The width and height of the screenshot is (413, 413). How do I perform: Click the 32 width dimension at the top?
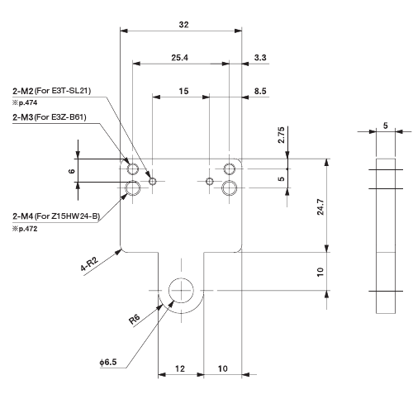183,25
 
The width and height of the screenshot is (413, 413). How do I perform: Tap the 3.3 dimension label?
260,58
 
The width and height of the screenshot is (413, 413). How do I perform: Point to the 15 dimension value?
183,91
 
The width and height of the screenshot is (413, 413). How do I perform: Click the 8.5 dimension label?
260,91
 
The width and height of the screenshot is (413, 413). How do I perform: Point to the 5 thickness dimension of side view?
384,126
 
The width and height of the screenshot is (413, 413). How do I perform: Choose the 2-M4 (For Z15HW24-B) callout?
55,216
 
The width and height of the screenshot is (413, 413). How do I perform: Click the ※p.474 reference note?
26,102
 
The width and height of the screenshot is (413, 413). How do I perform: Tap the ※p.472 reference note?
26,228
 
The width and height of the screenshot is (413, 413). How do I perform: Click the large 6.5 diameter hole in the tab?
181,290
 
